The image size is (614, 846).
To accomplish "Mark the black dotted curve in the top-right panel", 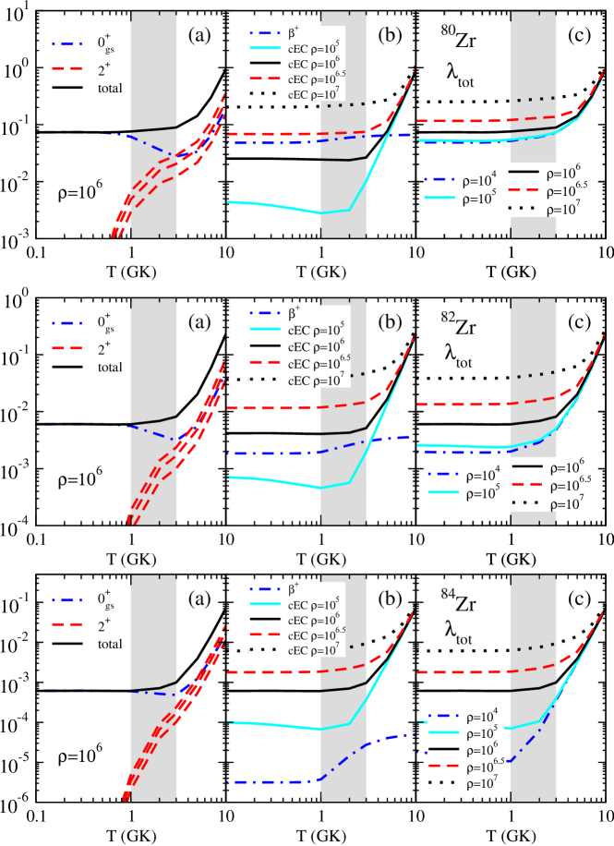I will pyautogui.click(x=536, y=99).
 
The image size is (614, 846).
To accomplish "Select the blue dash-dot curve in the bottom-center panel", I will pyautogui.click(x=277, y=782).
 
